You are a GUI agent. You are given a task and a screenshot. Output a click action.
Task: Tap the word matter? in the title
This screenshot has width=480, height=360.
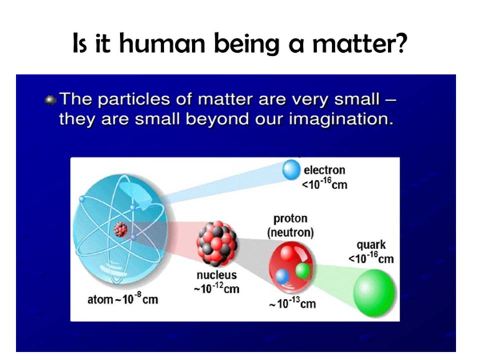pyautogui.click(x=359, y=44)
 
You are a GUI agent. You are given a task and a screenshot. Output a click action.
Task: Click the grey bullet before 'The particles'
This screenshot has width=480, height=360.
pyautogui.click(x=50, y=100)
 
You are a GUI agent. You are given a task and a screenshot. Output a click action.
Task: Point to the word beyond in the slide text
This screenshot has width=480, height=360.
pyautogui.click(x=216, y=119)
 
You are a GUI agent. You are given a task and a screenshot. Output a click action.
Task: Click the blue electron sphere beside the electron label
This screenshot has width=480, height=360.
pyautogui.click(x=291, y=169)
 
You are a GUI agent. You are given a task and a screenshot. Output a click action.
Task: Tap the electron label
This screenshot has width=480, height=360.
pyautogui.click(x=324, y=170)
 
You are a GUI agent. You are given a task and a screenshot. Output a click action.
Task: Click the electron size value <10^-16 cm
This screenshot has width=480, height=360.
pyautogui.click(x=324, y=184)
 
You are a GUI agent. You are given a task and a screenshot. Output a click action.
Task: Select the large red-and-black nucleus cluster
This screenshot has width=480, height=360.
pyautogui.click(x=216, y=241)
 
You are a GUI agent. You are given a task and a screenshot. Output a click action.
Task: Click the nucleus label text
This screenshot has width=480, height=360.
pyautogui.click(x=216, y=275)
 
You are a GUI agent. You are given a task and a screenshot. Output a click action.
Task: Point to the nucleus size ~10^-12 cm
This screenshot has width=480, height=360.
pyautogui.click(x=216, y=288)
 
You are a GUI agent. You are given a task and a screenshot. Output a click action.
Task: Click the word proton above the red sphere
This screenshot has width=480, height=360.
pyautogui.click(x=290, y=218)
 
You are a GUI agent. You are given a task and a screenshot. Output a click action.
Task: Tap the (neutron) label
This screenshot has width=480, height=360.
pyautogui.click(x=290, y=233)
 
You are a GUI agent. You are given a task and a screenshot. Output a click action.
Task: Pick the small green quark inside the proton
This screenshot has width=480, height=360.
pyautogui.click(x=303, y=271)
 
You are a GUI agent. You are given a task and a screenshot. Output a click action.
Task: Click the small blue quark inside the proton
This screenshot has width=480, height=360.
pyautogui.click(x=282, y=276)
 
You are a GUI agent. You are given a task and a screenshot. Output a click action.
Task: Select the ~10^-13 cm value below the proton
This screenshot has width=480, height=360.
pyautogui.click(x=292, y=303)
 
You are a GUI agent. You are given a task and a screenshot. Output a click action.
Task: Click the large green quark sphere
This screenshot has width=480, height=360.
pyautogui.click(x=374, y=292)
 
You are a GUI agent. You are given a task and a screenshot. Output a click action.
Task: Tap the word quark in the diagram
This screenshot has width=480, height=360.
pyautogui.click(x=371, y=245)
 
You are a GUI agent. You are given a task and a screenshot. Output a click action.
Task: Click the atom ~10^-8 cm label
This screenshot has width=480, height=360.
pyautogui.click(x=123, y=299)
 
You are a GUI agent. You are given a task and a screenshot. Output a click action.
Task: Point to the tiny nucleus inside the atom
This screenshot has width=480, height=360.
pyautogui.click(x=120, y=229)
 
